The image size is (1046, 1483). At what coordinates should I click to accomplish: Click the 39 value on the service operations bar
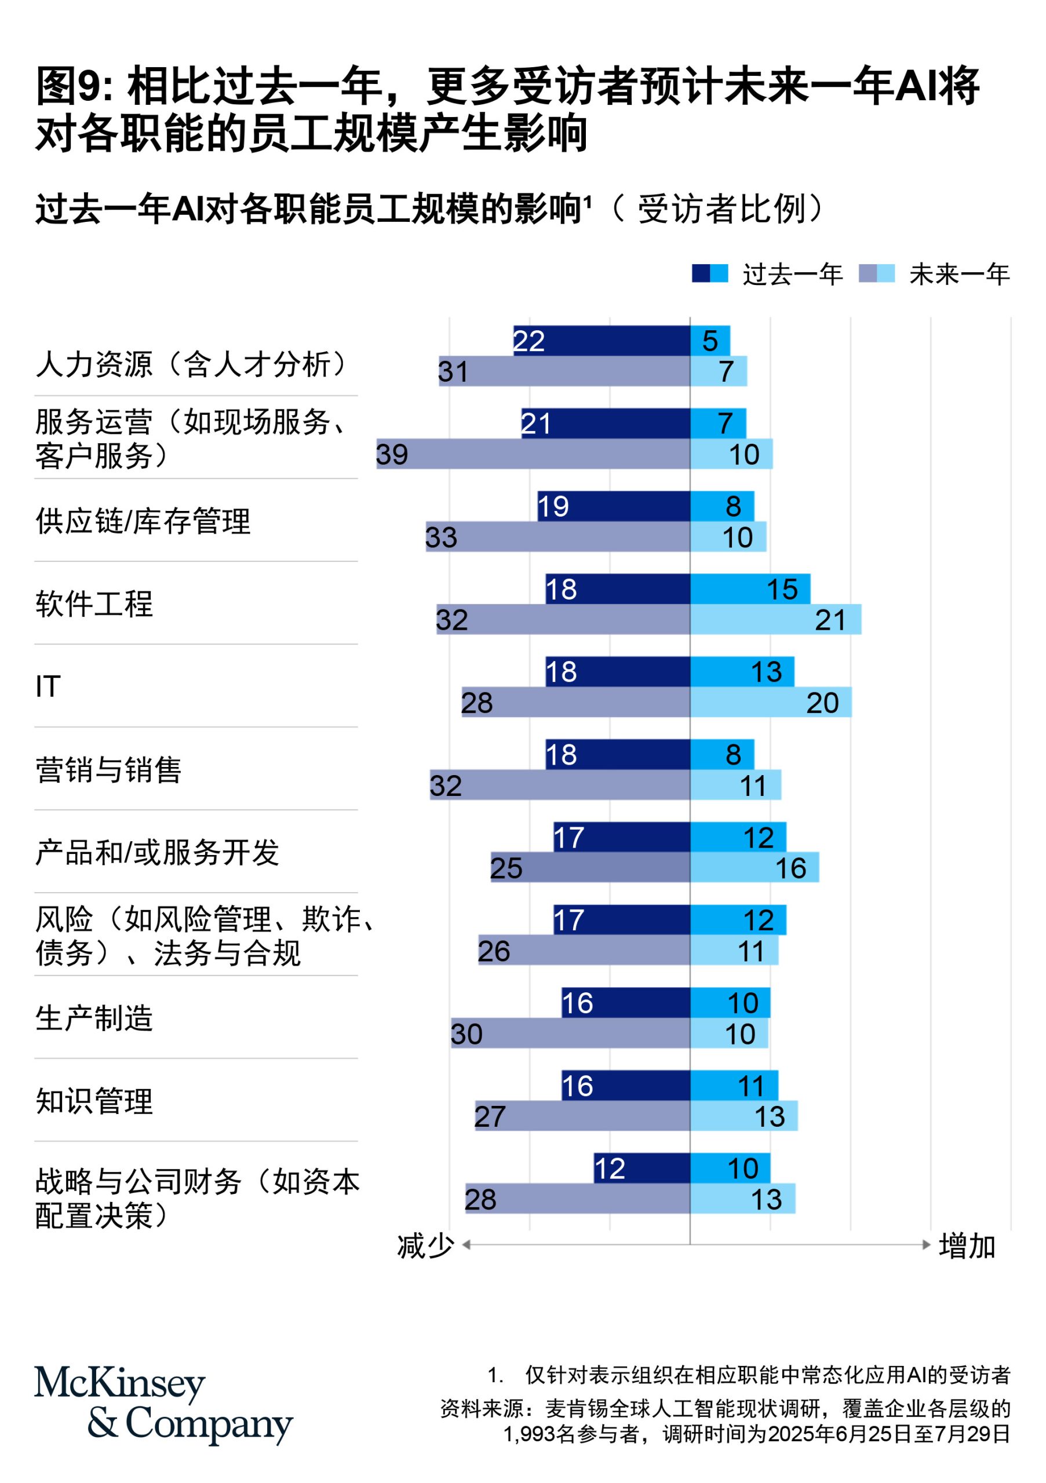tap(392, 455)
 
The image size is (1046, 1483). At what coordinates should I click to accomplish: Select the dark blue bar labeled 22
tap(601, 341)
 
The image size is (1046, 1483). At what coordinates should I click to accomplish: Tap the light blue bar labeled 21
tap(775, 619)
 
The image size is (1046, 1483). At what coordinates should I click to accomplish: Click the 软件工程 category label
tap(94, 604)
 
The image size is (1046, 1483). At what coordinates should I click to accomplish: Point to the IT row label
tap(49, 686)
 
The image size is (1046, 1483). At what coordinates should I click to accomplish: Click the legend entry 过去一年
tap(792, 275)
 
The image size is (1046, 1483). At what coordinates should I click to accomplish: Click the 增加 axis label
tap(967, 1246)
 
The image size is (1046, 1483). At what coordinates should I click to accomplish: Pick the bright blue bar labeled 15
tap(749, 589)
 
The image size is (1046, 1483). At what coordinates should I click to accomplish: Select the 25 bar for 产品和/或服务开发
tap(589, 867)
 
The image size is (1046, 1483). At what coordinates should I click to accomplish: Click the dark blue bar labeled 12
tap(641, 1168)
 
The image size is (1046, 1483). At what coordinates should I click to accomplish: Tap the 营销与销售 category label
tap(108, 770)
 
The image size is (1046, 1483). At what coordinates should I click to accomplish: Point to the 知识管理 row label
tap(94, 1101)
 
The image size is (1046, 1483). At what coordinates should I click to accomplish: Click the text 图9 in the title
tap(72, 86)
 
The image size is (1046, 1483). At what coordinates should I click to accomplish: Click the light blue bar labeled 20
tap(770, 702)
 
